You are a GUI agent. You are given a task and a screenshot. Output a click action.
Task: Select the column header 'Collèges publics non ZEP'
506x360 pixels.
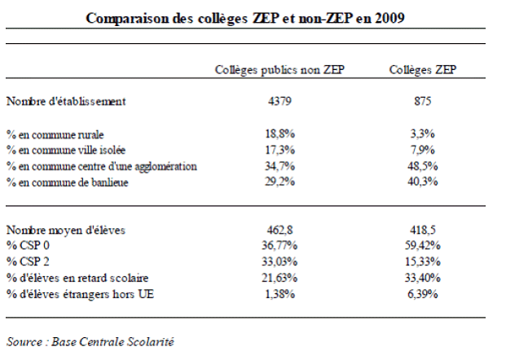[x=279, y=70]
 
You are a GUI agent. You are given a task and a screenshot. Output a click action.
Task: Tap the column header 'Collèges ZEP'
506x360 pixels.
[x=422, y=70]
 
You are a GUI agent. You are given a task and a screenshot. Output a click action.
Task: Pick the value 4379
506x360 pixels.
[x=279, y=103]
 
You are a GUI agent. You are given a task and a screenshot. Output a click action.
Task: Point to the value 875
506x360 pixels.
[x=422, y=103]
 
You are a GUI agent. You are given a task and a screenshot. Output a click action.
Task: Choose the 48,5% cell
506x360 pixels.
[x=422, y=166]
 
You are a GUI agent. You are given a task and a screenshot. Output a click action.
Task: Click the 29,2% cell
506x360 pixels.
[x=279, y=182]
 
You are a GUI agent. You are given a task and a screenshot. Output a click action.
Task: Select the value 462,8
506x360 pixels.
[x=279, y=230]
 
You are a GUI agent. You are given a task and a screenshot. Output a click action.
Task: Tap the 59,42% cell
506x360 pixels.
[x=422, y=246]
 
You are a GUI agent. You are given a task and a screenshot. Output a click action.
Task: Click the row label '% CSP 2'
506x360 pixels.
[x=26, y=262]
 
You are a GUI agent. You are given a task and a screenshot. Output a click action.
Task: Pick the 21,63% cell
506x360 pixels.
[x=279, y=278]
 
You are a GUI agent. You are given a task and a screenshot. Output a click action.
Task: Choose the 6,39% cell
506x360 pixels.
[x=422, y=294]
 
